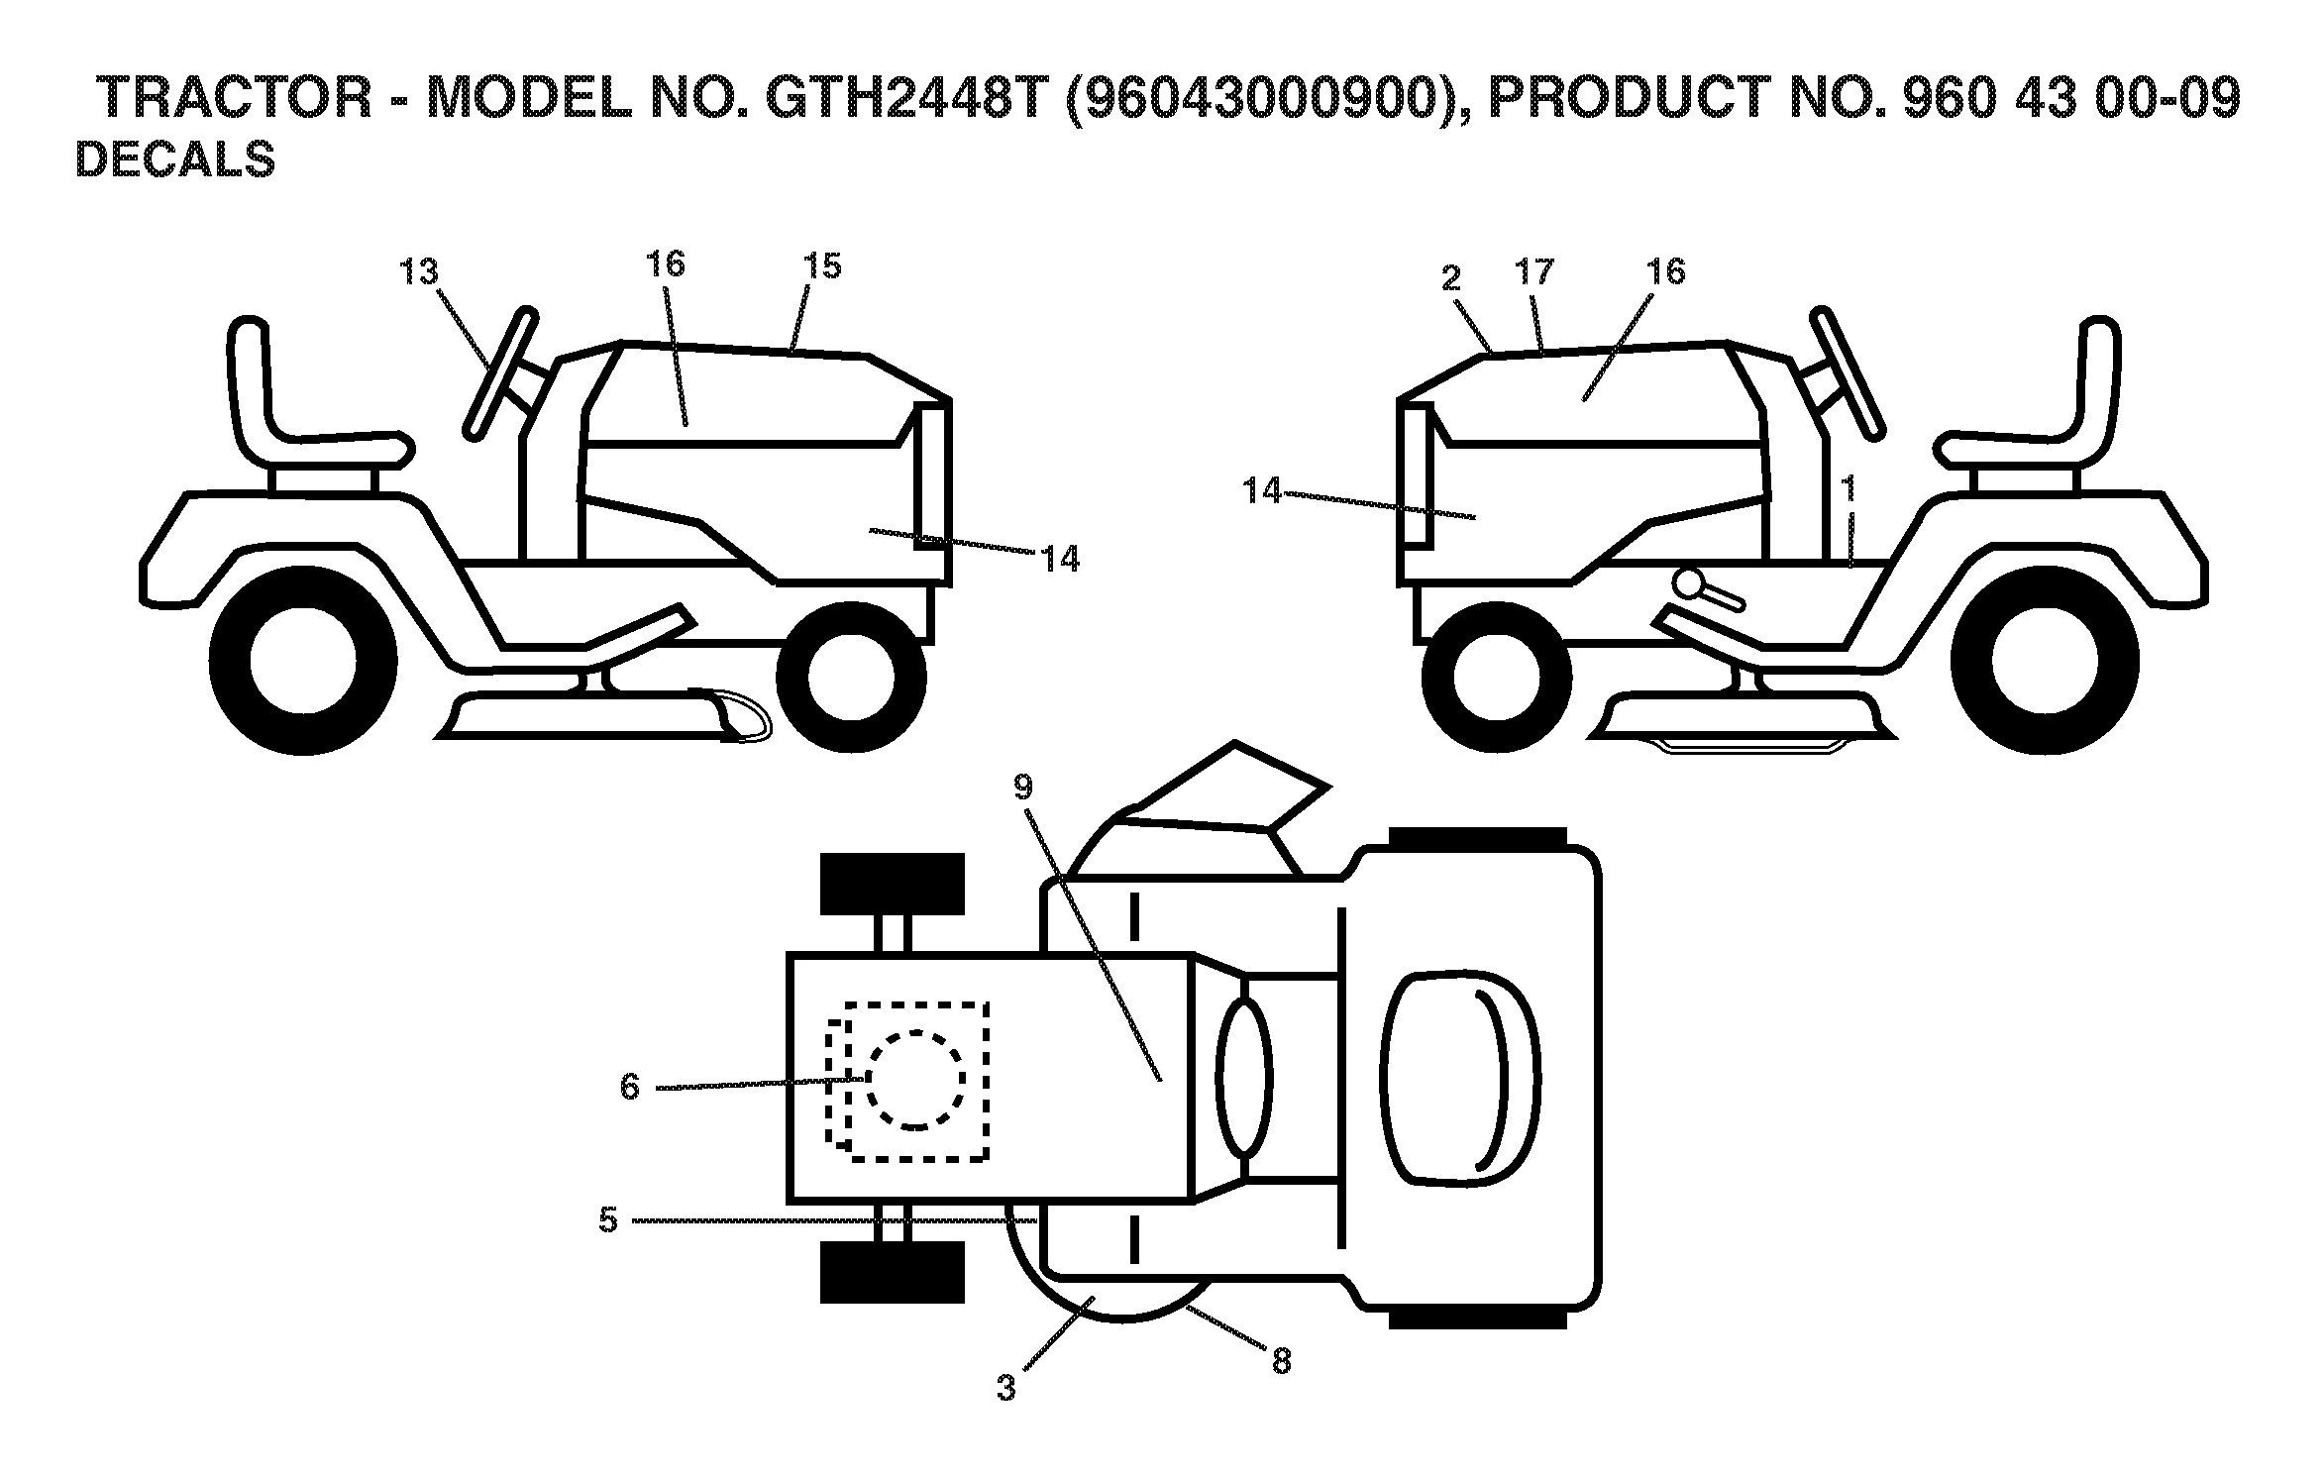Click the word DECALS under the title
tap(175, 160)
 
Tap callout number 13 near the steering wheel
tap(419, 271)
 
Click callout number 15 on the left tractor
tap(822, 265)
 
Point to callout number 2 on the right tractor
tap(1451, 278)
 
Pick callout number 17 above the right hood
tap(1534, 271)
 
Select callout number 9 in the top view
tap(1023, 787)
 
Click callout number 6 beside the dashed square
tap(630, 1087)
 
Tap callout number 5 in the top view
tap(608, 1220)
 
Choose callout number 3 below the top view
tap(1006, 1388)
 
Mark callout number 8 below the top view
tap(1281, 1362)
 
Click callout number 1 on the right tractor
tap(1848, 488)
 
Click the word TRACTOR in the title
tap(237, 98)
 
